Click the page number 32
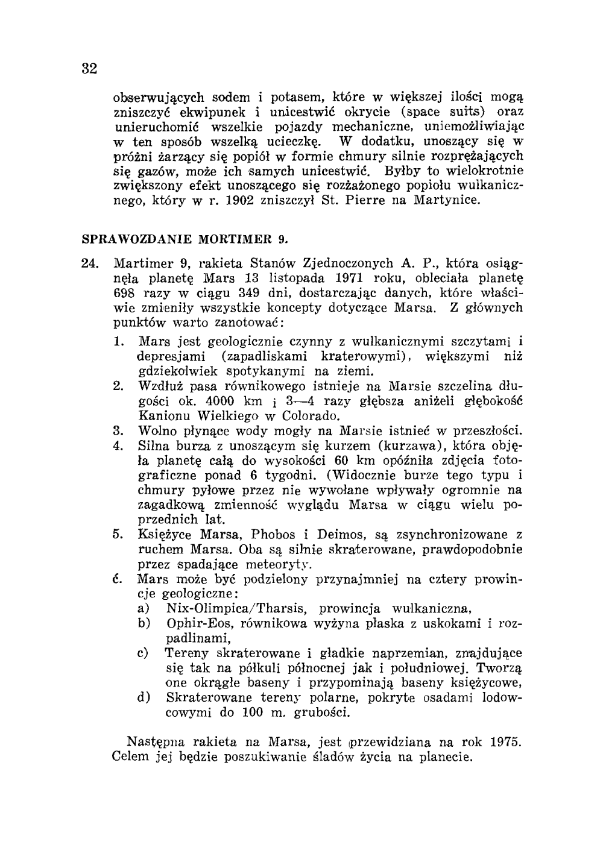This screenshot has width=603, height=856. click(89, 68)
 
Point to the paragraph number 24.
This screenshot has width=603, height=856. click(90, 263)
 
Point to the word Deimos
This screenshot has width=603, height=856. click(340, 535)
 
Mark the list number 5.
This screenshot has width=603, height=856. click(118, 535)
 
